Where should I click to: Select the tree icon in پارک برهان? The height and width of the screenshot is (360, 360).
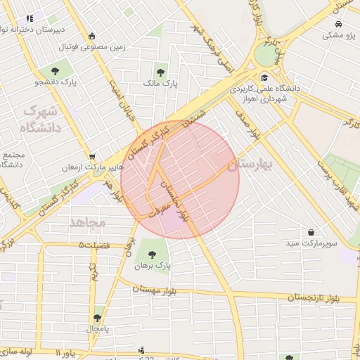pos(152,253)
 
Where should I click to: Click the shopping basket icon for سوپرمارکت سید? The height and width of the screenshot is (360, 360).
pos(311,232)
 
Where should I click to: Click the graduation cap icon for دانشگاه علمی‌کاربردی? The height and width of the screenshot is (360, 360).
pos(264,78)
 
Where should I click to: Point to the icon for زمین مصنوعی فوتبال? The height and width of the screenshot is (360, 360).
pos(92,36)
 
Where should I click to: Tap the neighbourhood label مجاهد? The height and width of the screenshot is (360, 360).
pos(87,222)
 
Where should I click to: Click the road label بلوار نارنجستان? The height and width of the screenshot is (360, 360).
pos(322,298)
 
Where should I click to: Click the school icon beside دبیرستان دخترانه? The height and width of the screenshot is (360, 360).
pos(29,19)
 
